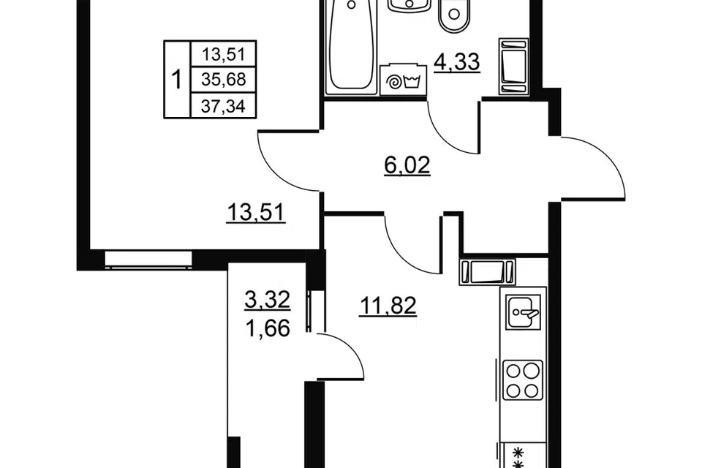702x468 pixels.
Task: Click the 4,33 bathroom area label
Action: click(457, 62)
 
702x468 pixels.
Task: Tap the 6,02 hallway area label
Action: click(407, 166)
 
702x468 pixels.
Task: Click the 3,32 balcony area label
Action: click(268, 300)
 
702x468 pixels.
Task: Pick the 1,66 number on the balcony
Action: click(268, 330)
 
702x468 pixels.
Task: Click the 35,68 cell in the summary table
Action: click(224, 80)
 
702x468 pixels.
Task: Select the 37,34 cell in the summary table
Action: click(224, 107)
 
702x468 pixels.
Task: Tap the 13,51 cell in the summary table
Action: click(224, 55)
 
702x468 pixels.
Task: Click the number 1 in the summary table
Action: click(177, 80)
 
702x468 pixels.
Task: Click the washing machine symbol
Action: click(403, 80)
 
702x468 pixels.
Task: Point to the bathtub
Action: click(352, 47)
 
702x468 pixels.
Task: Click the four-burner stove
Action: click(522, 380)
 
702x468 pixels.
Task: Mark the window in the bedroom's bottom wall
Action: click(148, 260)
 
